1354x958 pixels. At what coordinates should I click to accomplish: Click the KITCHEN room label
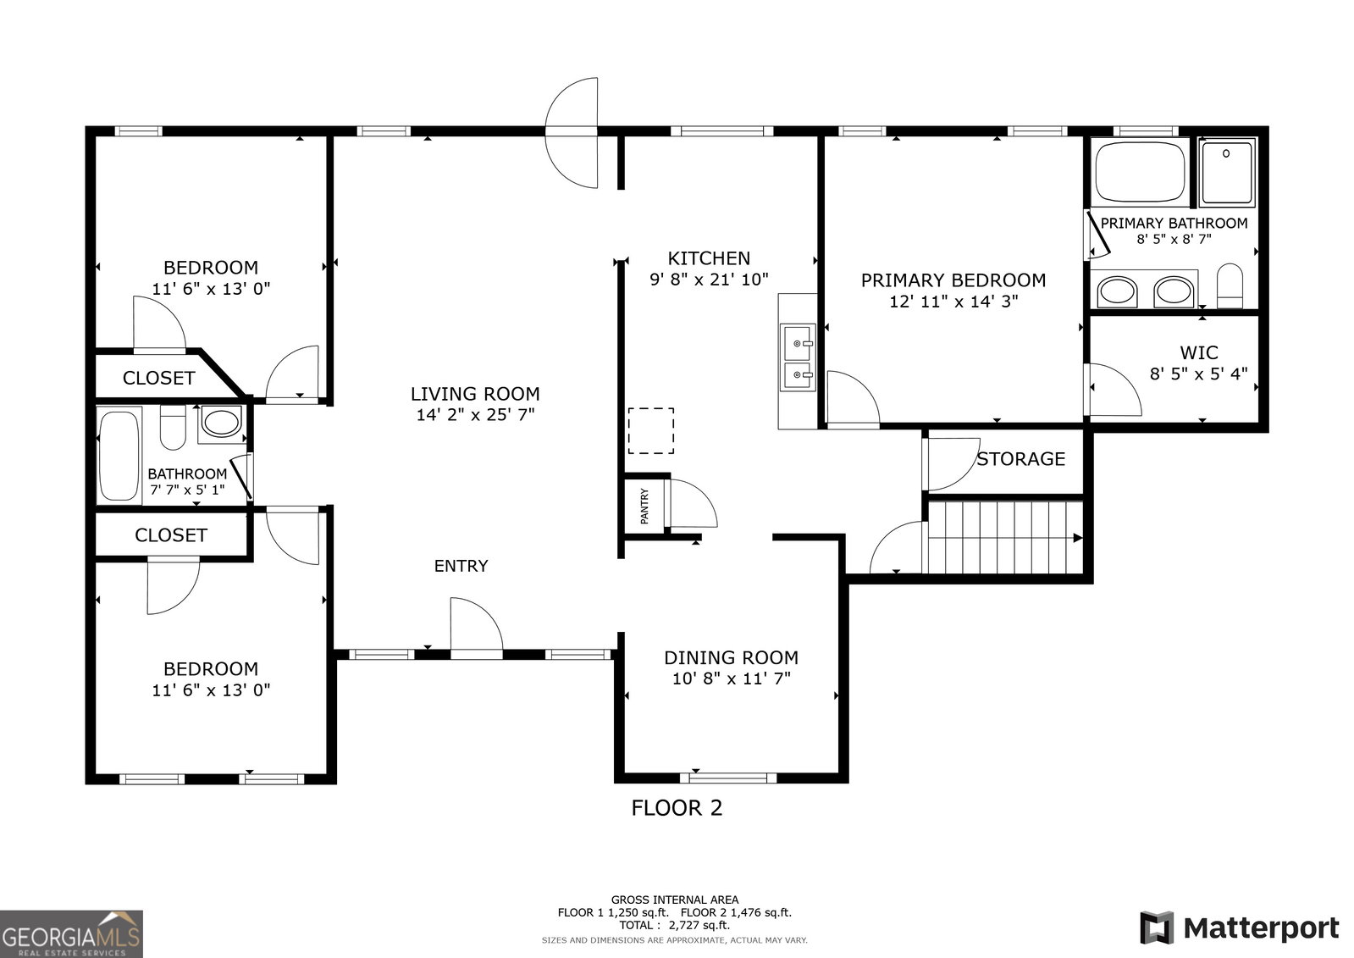pos(709,259)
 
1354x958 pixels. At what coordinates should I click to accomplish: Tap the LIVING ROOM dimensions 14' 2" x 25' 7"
pos(475,415)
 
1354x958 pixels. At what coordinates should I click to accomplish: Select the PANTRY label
pos(644,507)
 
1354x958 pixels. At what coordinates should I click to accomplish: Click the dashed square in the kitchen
pos(651,430)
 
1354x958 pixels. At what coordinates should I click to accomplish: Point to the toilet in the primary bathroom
pos(1230,286)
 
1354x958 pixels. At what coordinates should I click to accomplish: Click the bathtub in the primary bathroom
pos(1140,172)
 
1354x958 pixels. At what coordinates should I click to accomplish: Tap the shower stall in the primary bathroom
pos(1227,172)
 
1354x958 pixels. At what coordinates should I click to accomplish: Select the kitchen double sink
pos(798,357)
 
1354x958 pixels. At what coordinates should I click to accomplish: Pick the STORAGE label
pos(1021,459)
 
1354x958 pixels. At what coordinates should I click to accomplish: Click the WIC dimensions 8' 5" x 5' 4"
pos(1199,374)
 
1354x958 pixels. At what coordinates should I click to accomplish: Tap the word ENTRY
pos(461,566)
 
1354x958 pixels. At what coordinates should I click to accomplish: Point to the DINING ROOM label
pos(732,657)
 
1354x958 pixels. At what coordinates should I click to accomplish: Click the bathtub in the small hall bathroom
pos(119,456)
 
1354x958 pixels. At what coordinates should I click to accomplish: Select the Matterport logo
pos(1240,928)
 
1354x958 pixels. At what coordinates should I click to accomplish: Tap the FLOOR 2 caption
pos(677,808)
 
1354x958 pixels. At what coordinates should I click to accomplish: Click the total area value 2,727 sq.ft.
pos(699,925)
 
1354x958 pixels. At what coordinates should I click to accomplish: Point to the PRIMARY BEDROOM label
pos(953,280)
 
